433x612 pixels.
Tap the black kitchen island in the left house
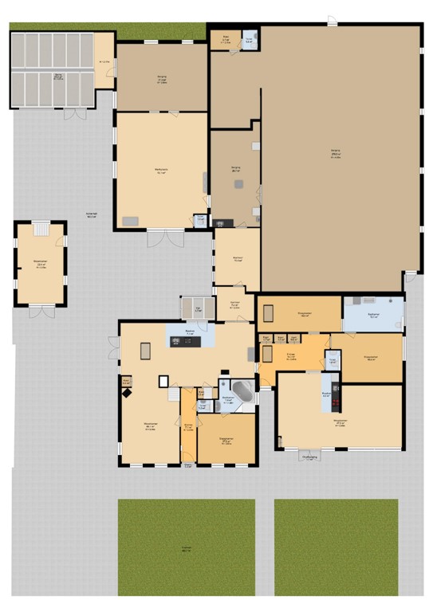pos(187,342)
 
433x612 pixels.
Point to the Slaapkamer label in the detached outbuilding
pos(39,265)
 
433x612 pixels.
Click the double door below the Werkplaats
pos(166,237)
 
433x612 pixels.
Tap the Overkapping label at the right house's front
pos(310,457)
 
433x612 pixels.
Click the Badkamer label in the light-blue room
pos(373,316)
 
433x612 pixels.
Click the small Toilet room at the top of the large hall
pos(249,41)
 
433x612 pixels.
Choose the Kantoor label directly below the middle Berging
pos(237,257)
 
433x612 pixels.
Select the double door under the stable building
pos(75,114)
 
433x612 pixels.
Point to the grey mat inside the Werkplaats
pos(129,220)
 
